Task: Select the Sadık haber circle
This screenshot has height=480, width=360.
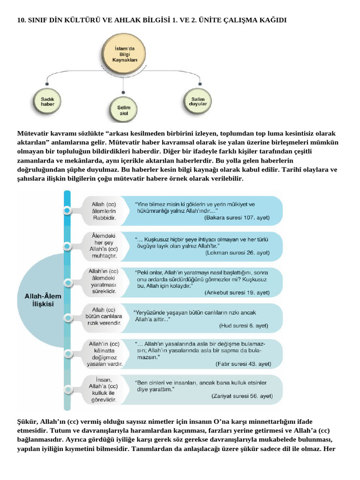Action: point(48,101)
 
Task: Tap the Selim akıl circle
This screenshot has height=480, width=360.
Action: point(123,110)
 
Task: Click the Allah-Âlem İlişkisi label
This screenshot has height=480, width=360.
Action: point(42,300)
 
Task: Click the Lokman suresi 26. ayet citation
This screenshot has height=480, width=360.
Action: point(237,252)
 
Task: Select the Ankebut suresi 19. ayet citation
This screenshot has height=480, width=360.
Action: point(237,292)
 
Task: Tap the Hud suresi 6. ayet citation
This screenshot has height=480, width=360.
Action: point(243,325)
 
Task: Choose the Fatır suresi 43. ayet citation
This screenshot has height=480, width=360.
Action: point(243,363)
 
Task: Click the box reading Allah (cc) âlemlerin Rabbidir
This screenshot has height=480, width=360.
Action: point(104,211)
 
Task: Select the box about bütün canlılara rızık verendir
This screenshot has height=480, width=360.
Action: point(104,316)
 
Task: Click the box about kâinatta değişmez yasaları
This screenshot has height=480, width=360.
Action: point(104,353)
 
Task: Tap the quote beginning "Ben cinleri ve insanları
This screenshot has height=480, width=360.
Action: point(202,386)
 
